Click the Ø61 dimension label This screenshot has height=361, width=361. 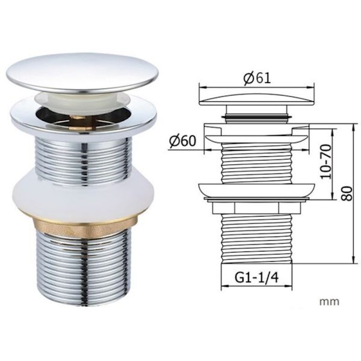tap(257, 78)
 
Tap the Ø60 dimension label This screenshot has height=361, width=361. tap(182, 140)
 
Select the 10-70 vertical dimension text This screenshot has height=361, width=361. tap(326, 161)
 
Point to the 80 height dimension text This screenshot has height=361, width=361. tap(347, 193)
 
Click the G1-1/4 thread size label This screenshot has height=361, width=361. tap(256, 277)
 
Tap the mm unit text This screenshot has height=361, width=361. tap(329, 301)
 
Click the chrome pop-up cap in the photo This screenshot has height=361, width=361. tap(82, 73)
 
